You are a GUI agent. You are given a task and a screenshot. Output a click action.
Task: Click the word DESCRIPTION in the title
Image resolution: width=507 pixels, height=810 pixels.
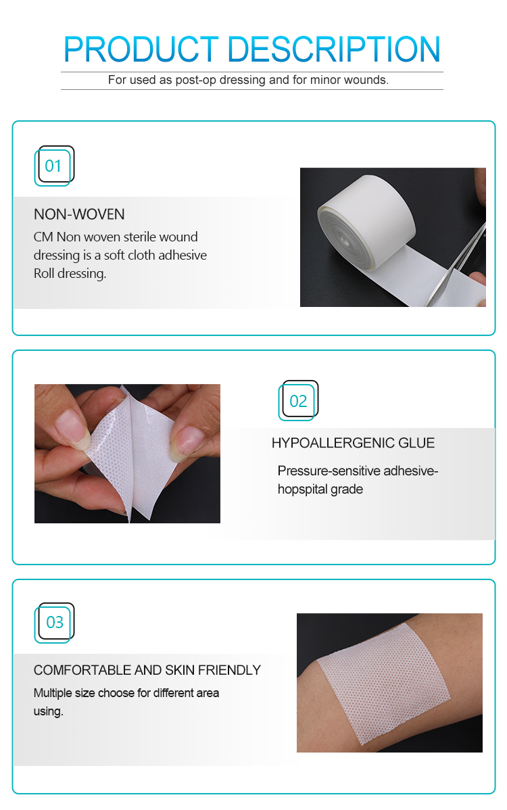334,49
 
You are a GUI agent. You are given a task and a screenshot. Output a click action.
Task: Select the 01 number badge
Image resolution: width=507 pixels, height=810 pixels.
53,166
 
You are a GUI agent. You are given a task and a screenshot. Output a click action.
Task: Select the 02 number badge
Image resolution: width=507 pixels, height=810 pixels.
298,401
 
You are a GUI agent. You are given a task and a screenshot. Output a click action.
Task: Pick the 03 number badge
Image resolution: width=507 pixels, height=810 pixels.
53,622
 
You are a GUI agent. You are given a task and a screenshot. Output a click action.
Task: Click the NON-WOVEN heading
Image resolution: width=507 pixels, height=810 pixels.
79,215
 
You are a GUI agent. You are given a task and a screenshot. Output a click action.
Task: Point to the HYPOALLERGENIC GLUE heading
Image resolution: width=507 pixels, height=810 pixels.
353,444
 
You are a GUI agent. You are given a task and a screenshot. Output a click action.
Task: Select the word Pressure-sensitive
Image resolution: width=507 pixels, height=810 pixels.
320,471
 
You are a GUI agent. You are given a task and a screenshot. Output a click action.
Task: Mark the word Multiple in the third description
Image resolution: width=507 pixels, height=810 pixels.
55,693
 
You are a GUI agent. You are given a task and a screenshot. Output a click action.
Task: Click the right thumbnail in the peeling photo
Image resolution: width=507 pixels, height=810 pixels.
187,440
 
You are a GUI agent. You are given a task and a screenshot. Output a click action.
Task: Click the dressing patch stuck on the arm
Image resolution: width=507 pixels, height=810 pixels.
392,683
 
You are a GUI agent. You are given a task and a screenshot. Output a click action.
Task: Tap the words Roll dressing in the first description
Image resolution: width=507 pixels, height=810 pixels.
70,274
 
